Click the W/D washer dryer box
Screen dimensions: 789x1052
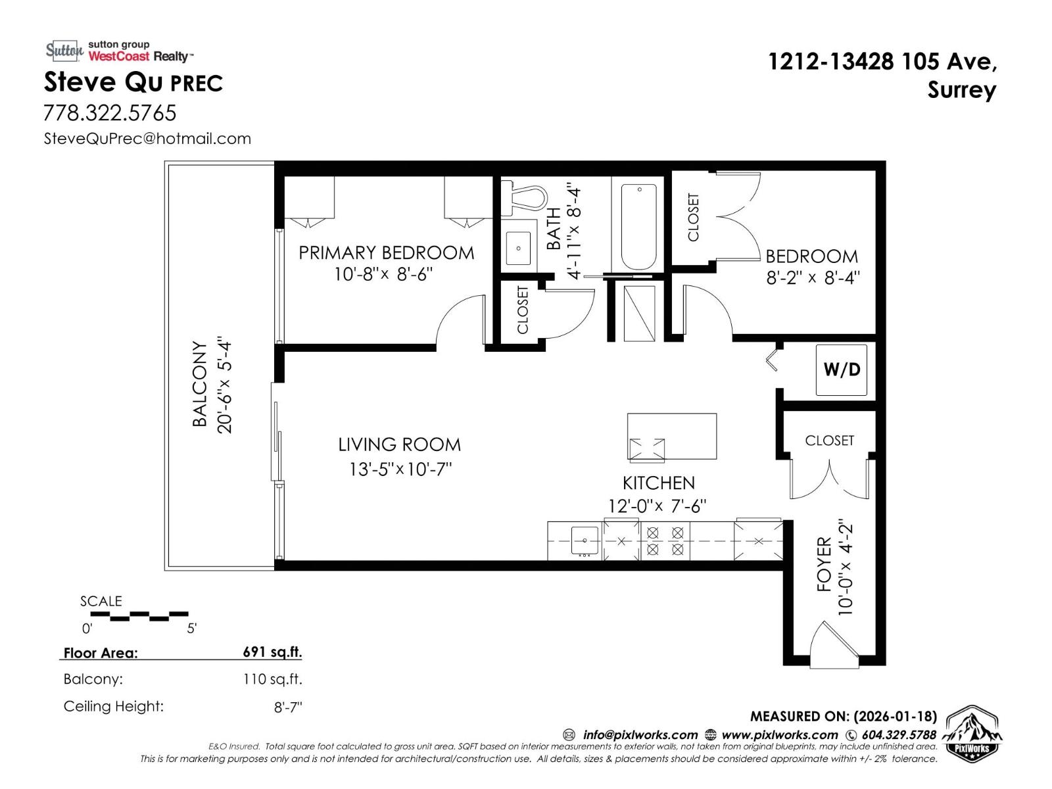point(841,370)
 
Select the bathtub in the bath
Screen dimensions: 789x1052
point(638,226)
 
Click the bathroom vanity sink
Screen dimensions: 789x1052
point(519,248)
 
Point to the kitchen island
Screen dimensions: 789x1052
point(671,437)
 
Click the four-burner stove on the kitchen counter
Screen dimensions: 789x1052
point(665,540)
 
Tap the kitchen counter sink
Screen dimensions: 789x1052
point(585,540)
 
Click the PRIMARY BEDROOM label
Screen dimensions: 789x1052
point(386,252)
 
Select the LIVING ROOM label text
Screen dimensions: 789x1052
point(399,444)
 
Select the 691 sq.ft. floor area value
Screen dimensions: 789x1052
point(272,652)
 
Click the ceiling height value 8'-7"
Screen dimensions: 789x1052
point(288,707)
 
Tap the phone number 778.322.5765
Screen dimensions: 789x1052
point(110,113)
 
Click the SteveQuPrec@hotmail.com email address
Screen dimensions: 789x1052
point(147,139)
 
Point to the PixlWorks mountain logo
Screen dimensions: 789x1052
point(972,734)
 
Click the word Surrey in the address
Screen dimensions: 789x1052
point(961,90)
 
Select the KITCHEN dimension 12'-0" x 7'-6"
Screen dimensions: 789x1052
point(657,506)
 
